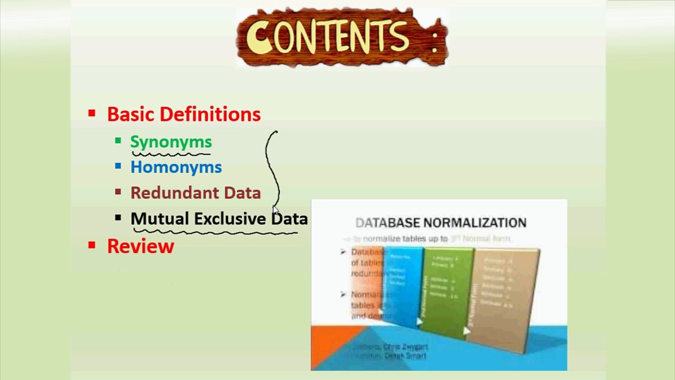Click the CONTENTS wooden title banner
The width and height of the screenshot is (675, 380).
(x=342, y=37)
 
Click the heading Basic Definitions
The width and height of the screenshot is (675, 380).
(x=184, y=115)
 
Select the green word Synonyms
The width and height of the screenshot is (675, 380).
(x=171, y=142)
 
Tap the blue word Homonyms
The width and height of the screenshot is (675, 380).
(x=176, y=167)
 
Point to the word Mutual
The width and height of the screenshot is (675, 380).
(x=159, y=218)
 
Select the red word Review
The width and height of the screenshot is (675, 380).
(x=140, y=246)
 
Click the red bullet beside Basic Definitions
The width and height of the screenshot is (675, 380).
(x=92, y=113)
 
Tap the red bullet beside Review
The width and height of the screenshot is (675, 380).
(x=92, y=244)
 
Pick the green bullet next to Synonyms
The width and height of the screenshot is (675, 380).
(x=118, y=141)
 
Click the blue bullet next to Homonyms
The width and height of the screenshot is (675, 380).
(x=118, y=166)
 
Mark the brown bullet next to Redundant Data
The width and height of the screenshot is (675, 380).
(x=118, y=192)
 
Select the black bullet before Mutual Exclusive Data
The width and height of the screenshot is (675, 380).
(x=118, y=217)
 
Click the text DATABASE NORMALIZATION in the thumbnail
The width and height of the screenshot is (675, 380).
(x=441, y=223)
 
